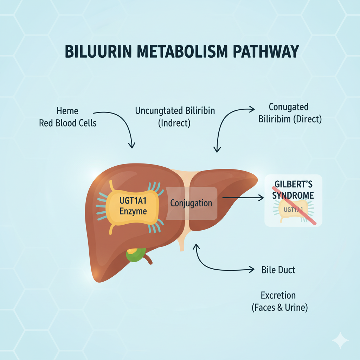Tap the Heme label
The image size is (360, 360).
pyautogui.click(x=67, y=111)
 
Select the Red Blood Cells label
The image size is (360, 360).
pyautogui.click(x=68, y=123)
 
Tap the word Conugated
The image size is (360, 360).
pyautogui.click(x=288, y=107)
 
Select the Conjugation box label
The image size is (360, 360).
pyautogui.click(x=191, y=203)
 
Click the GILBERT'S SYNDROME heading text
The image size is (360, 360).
pyautogui.click(x=293, y=190)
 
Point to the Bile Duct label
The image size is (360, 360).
pyautogui.click(x=278, y=270)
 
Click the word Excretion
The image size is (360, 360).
pyautogui.click(x=278, y=295)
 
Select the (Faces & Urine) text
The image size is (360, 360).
pyautogui.click(x=279, y=308)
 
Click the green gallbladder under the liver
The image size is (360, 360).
pyautogui.click(x=136, y=256)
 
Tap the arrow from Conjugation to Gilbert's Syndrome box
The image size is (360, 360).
pyautogui.click(x=243, y=198)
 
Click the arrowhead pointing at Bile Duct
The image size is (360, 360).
pyautogui.click(x=251, y=270)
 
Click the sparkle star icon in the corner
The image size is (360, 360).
pyautogui.click(x=340, y=340)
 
